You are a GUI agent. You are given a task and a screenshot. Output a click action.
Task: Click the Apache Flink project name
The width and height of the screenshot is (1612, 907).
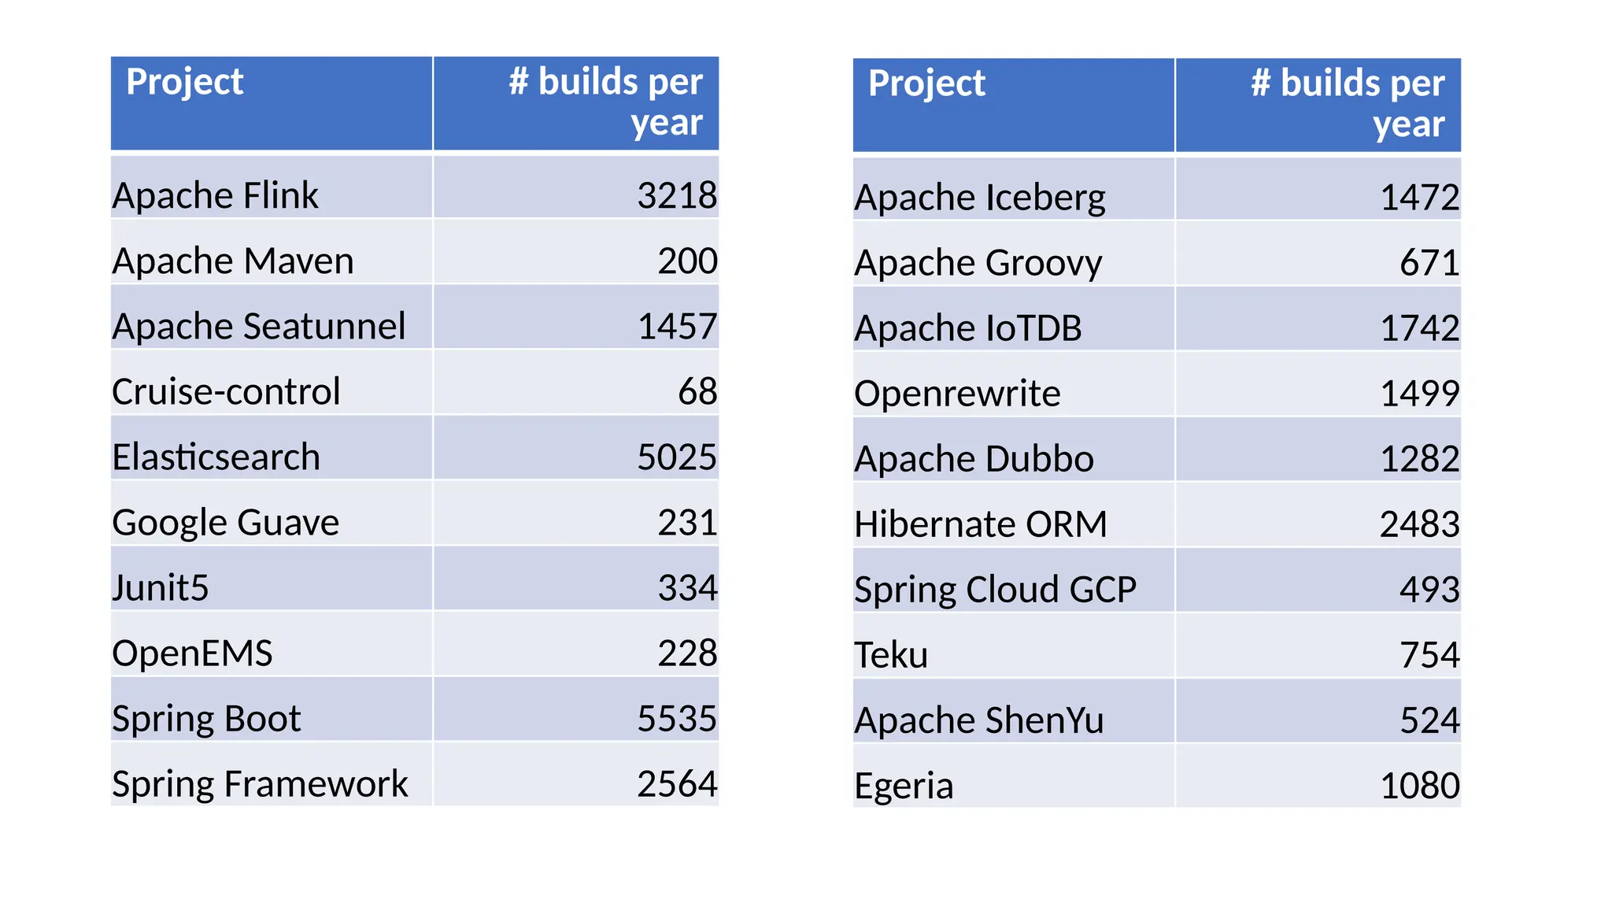click(215, 195)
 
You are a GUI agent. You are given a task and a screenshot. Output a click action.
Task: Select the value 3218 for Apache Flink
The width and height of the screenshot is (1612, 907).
click(676, 195)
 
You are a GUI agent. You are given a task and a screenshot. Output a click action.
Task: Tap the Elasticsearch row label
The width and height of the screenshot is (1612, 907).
click(216, 457)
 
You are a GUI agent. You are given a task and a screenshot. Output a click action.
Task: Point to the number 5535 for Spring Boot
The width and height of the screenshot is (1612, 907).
click(676, 719)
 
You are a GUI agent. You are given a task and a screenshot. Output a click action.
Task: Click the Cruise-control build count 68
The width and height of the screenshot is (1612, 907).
click(697, 392)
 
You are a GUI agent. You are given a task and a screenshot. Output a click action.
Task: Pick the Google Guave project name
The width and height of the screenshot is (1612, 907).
click(225, 523)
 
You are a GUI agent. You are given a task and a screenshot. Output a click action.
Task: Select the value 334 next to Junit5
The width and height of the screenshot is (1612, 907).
click(687, 588)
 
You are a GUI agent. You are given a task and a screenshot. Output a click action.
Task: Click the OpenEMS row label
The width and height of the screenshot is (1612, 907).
click(192, 653)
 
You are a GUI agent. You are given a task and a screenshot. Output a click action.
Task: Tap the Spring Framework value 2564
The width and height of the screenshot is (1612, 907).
click(676, 784)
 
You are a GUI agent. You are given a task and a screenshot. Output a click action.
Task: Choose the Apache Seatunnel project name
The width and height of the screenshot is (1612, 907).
click(258, 327)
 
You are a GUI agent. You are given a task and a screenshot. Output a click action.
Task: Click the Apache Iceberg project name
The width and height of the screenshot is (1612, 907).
click(979, 198)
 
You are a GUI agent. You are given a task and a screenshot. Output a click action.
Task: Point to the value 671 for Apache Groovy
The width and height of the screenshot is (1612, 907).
click(1429, 263)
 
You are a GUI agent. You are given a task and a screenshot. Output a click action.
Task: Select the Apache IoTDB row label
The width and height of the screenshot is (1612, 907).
click(967, 328)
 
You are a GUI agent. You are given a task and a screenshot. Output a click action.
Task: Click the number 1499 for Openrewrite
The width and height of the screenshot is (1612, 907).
click(1419, 394)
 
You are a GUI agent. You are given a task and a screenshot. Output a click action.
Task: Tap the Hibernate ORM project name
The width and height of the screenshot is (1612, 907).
click(980, 524)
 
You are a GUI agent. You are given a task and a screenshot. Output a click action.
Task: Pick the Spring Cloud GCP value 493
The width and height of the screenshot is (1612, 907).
click(1429, 590)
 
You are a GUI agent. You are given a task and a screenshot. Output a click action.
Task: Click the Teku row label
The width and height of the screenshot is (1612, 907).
click(891, 655)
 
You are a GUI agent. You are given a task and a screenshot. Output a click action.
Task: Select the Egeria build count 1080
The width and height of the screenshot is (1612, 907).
click(1419, 786)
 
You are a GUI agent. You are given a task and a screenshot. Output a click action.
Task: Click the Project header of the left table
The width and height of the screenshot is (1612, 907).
click(185, 82)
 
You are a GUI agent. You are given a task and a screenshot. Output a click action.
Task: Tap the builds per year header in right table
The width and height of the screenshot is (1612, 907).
click(1348, 103)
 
